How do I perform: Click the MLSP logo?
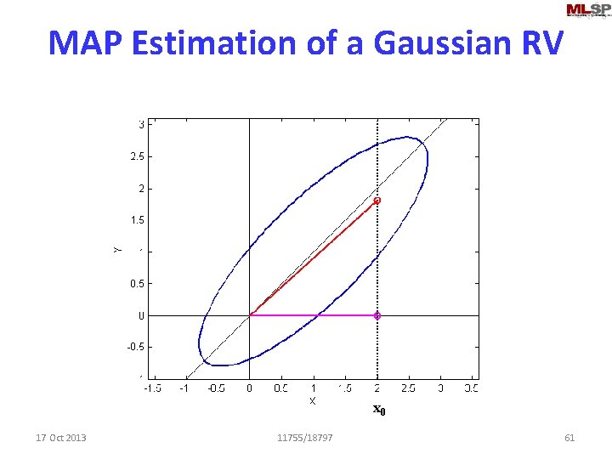click(587, 10)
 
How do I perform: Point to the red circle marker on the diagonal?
click(377, 201)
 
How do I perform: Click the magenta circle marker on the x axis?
click(377, 315)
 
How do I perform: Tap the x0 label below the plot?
click(379, 411)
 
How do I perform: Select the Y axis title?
click(117, 249)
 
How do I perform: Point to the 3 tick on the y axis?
click(140, 124)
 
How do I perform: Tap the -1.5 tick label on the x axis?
click(151, 388)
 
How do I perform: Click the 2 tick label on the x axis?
click(377, 388)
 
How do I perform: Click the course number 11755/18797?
click(305, 438)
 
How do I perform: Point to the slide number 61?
click(569, 438)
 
